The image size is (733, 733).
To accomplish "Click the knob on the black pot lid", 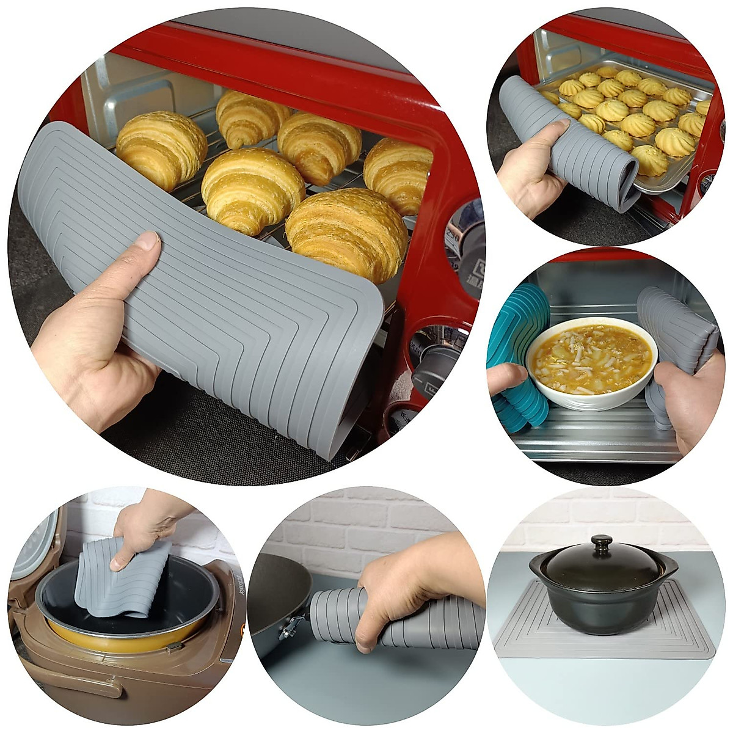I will click(x=602, y=542).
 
